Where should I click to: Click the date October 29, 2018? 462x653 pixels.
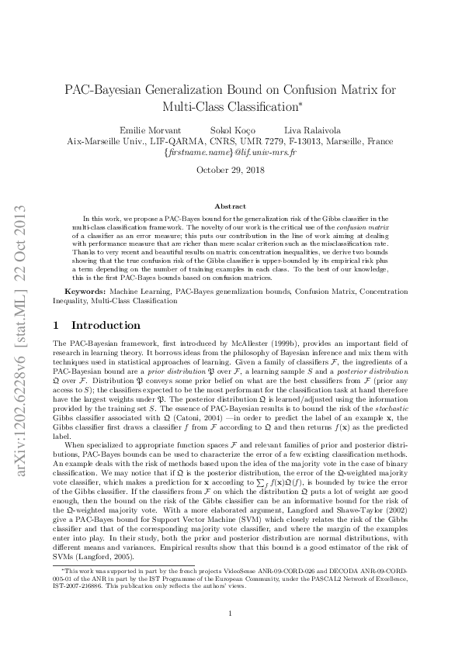click(x=231, y=170)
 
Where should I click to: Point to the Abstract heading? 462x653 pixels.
click(x=231, y=207)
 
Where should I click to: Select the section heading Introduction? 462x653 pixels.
click(x=106, y=326)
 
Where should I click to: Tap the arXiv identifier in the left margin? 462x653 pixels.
click(x=21, y=326)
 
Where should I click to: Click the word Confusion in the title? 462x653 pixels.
click(x=300, y=88)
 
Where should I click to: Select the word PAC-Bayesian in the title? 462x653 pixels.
click(x=103, y=88)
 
